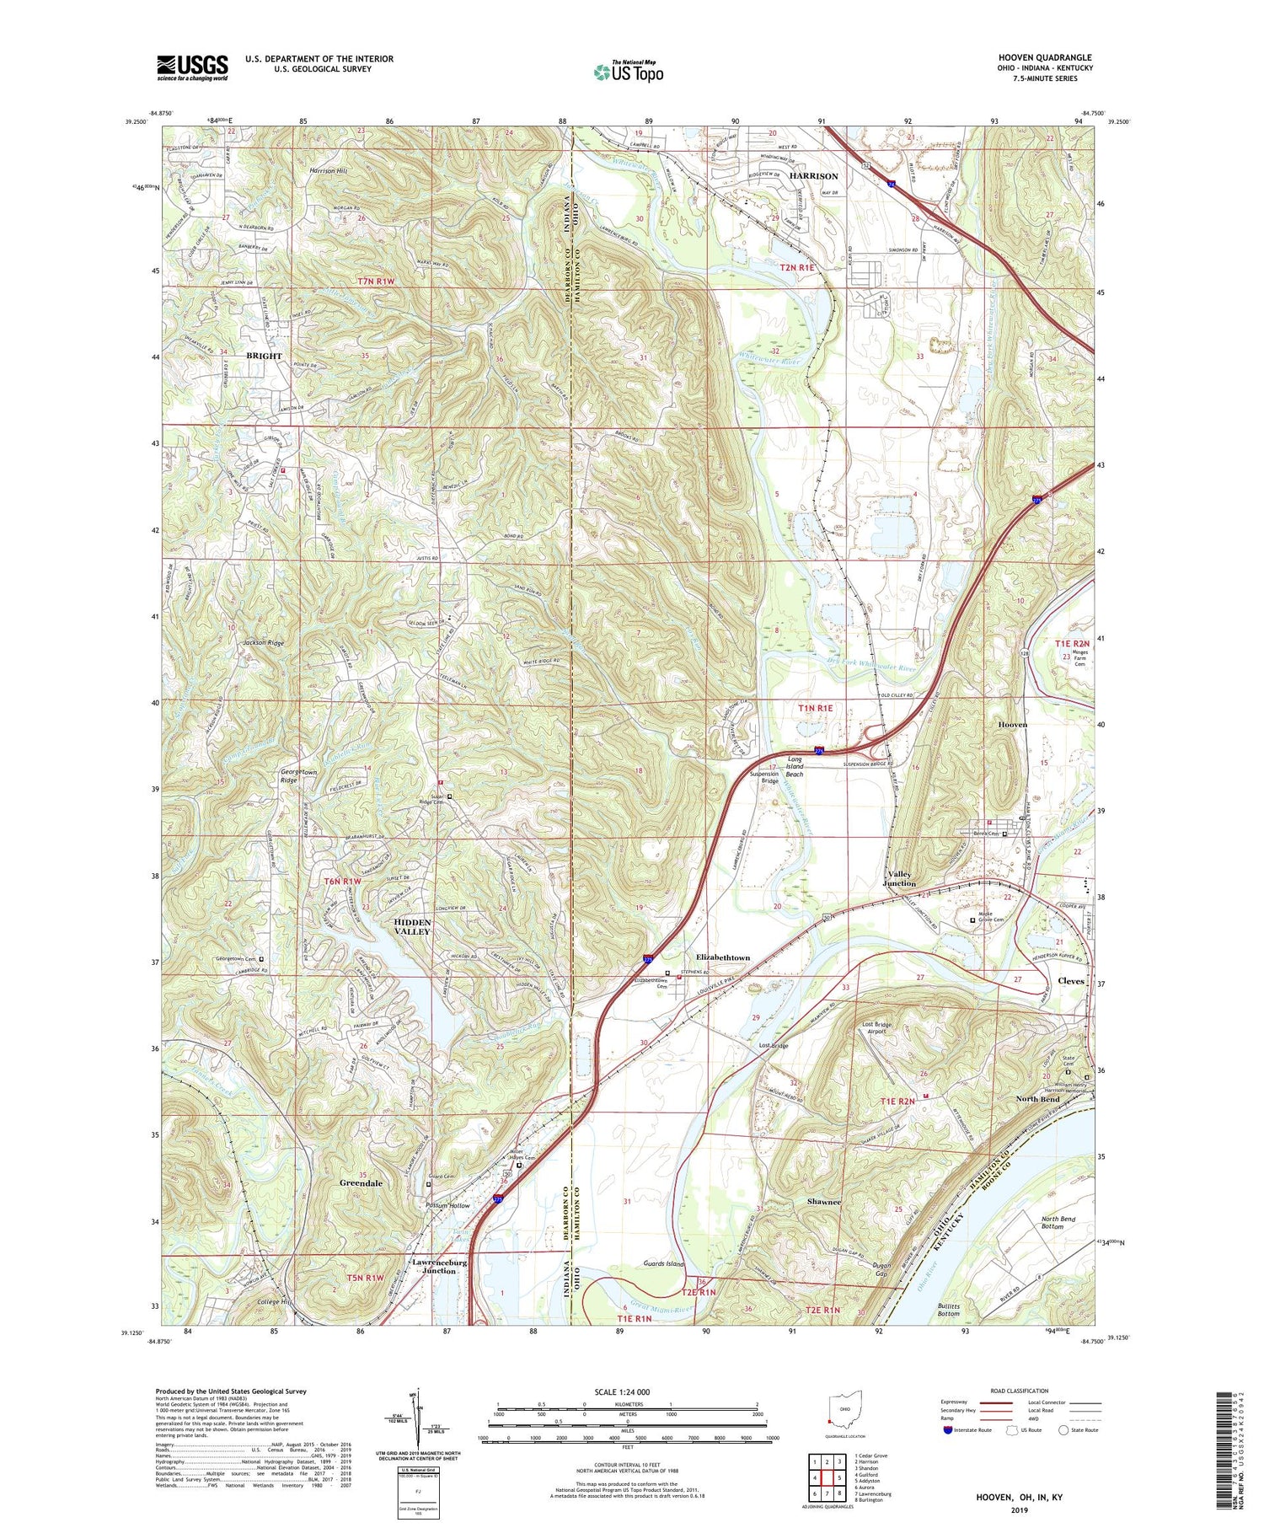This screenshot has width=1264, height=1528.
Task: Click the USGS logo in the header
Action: pos(192,67)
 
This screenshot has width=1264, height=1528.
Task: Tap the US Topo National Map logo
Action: pos(628,72)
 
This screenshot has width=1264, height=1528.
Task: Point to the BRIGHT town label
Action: pos(264,356)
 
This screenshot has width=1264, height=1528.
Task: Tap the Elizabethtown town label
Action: pos(722,958)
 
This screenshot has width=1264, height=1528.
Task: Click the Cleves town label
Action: pos(1071,982)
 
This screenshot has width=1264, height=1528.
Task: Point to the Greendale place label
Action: pos(361,1183)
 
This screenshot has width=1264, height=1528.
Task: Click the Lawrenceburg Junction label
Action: pos(436,1267)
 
